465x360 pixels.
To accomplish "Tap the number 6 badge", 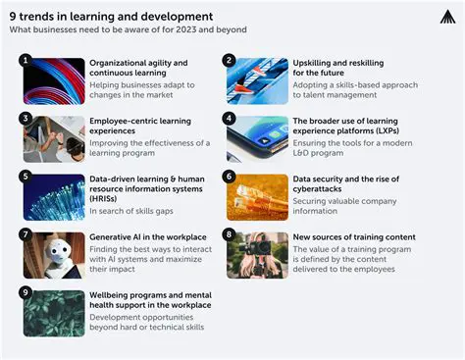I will coord(230,177).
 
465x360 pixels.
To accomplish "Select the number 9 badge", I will coord(26,292).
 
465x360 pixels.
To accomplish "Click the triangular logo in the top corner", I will coord(446,17).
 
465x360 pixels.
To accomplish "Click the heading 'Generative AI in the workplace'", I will coord(148,237).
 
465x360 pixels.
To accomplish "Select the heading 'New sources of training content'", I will coord(354,237).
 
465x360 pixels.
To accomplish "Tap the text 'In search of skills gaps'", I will coord(129,211).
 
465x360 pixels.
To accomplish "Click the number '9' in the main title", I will coord(13,16).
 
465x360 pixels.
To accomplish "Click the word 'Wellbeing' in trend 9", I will coord(112,294).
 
